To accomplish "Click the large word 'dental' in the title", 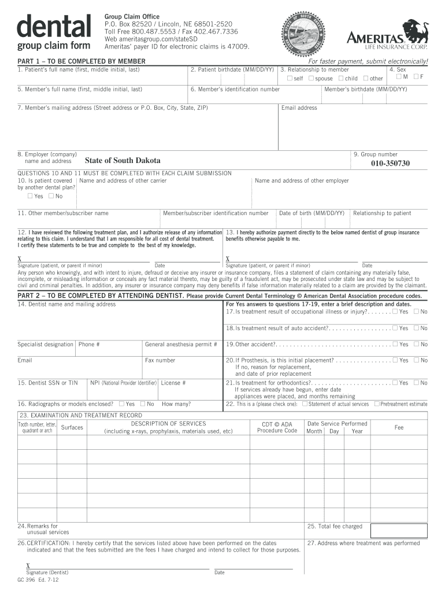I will click(54, 26).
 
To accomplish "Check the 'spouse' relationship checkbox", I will click(311, 78).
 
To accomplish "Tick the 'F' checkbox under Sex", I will click(416, 77).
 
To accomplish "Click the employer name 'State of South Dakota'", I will click(123, 161).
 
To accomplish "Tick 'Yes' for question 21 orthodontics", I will click(394, 383).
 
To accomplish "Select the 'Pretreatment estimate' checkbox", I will click(377, 404).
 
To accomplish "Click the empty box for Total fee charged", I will click(399, 530).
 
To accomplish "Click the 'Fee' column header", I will click(399, 427).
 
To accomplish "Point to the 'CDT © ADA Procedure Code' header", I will click(277, 427).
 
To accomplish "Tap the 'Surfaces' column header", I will click(72, 428).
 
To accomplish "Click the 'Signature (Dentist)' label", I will click(47, 572).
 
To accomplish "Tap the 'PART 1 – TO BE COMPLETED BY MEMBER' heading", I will click(81, 61).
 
